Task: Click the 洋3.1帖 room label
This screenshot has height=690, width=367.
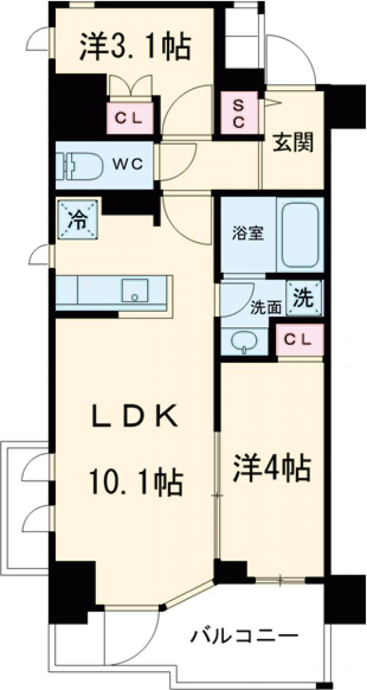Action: tap(135, 48)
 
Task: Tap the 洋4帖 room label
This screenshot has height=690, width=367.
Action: tap(272, 469)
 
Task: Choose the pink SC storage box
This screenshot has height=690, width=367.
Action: tap(239, 113)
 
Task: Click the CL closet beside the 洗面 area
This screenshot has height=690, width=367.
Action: tap(300, 339)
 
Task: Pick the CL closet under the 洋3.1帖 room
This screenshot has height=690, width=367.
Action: tap(130, 118)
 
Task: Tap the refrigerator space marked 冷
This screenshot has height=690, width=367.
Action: tap(77, 219)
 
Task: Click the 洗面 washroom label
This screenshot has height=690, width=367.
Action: tap(266, 308)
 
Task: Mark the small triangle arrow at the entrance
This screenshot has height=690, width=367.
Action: tap(272, 102)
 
